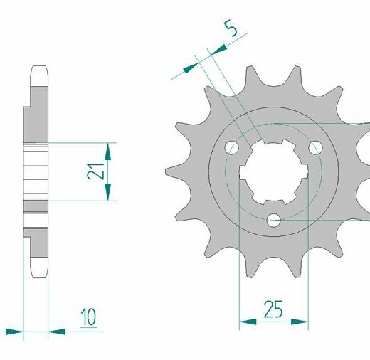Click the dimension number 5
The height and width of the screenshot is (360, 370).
(231, 28)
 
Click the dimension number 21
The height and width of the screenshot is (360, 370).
(95, 171)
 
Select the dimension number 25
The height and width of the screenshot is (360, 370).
(273, 309)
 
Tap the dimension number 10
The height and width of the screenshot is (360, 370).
(88, 317)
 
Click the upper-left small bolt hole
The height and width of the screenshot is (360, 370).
(231, 147)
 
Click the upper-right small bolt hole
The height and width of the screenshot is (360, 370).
(315, 147)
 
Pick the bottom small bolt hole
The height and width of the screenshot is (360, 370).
(273, 221)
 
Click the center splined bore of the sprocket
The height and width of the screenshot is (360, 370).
(274, 171)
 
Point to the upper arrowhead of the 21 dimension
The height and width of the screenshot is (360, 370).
(108, 152)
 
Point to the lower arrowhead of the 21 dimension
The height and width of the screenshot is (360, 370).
(108, 192)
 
